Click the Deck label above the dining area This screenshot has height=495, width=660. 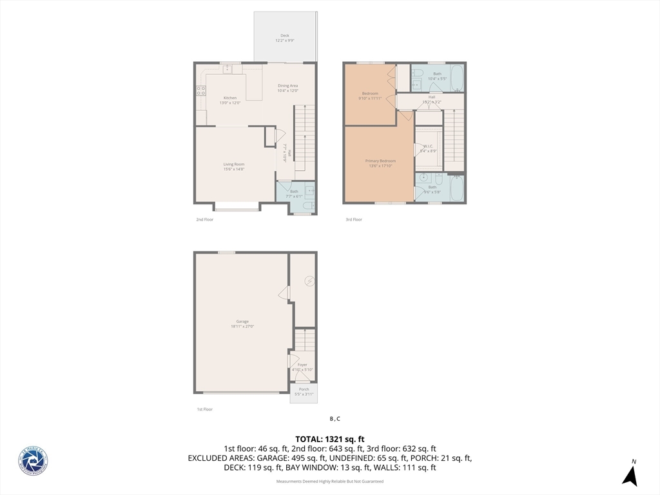(284, 35)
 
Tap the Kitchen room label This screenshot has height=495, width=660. (230, 98)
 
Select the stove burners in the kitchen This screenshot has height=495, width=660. (201, 91)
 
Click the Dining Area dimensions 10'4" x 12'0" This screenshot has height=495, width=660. (287, 91)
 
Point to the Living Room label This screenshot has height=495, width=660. (234, 164)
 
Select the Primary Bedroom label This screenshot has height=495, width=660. (380, 161)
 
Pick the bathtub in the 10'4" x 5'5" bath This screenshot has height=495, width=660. (456, 78)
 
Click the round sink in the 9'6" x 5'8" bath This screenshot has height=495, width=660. (424, 177)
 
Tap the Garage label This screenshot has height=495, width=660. (242, 321)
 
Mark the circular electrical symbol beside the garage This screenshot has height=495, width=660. (309, 281)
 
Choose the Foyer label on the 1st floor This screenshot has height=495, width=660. (302, 365)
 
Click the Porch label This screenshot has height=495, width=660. (304, 389)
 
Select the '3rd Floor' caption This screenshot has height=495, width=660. (354, 220)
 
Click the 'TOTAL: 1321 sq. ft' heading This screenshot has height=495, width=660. (330, 439)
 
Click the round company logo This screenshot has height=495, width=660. (33, 461)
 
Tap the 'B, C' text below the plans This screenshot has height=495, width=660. (335, 418)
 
